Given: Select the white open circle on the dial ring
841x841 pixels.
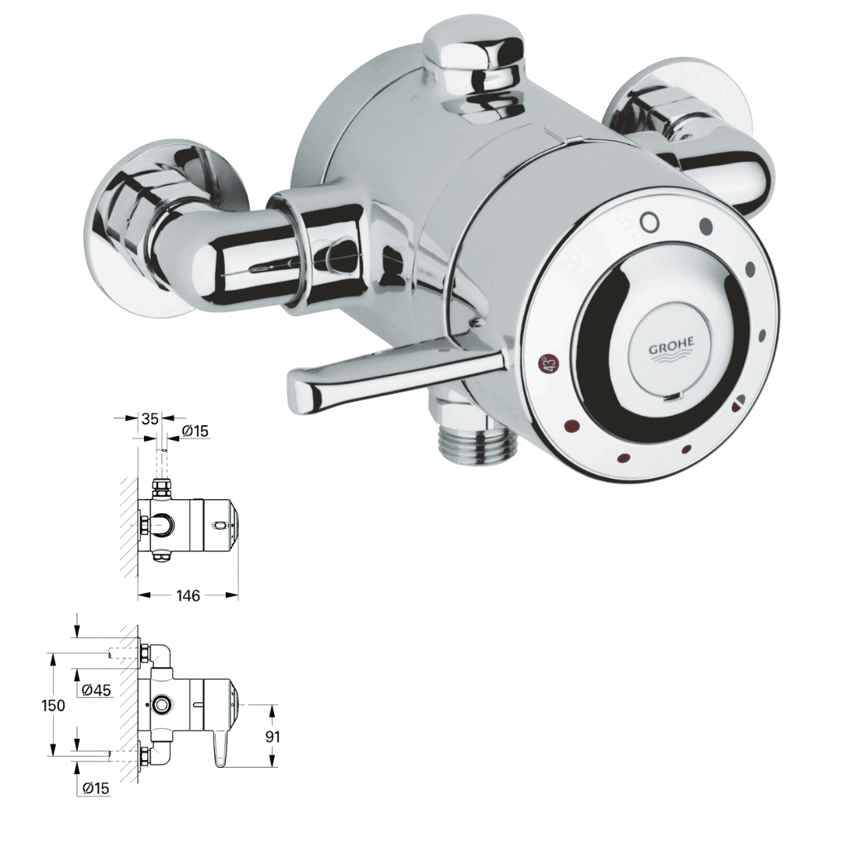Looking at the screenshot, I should tap(649, 223).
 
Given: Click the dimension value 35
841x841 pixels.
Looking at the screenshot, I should tap(151, 419).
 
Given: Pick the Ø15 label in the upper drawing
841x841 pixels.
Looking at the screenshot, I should tap(195, 431).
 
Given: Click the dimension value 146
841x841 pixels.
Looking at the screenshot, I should tap(188, 596).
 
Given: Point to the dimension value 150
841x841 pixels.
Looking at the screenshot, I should tap(54, 705).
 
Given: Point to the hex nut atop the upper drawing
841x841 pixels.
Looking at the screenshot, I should tap(163, 488).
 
